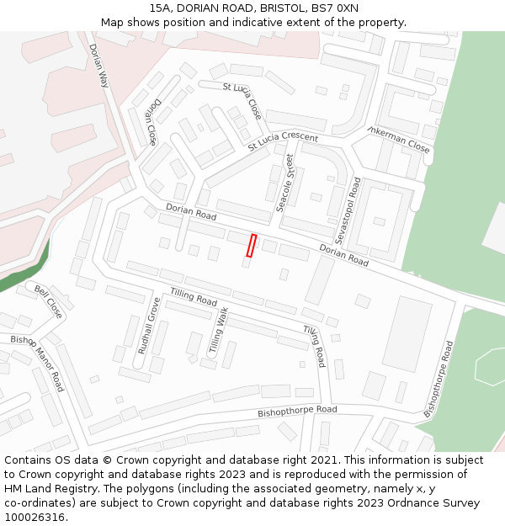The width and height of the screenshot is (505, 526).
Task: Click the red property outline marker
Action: [x=251, y=245]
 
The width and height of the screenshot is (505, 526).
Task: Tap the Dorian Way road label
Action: [x=99, y=66]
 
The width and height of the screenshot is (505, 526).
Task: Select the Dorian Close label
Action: [x=151, y=121]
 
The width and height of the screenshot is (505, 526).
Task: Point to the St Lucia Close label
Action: [x=242, y=100]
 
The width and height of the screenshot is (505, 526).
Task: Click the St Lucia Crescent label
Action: [x=283, y=141]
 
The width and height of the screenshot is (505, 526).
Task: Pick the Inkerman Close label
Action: [x=399, y=139]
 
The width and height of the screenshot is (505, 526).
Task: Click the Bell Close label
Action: [x=49, y=301]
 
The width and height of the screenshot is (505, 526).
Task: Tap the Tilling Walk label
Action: [x=218, y=330]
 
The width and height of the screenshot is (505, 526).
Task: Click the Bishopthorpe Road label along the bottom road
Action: [x=297, y=411]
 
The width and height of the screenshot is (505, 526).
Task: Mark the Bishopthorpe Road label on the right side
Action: [x=439, y=379]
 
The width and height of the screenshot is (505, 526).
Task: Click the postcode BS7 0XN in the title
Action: [x=338, y=8]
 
